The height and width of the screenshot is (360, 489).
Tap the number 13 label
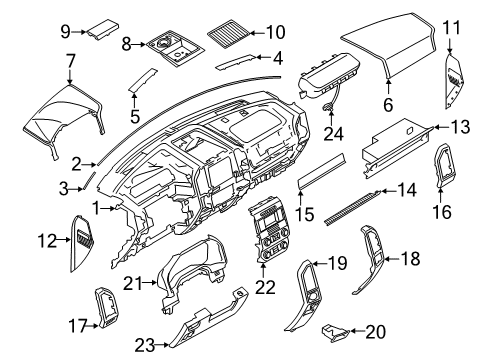point(458,127)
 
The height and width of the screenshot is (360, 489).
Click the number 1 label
point(96,207)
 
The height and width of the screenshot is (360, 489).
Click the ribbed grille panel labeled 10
point(232,37)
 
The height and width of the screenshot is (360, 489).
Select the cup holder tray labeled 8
point(167,48)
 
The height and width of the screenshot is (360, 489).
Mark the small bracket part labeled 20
point(335,330)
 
